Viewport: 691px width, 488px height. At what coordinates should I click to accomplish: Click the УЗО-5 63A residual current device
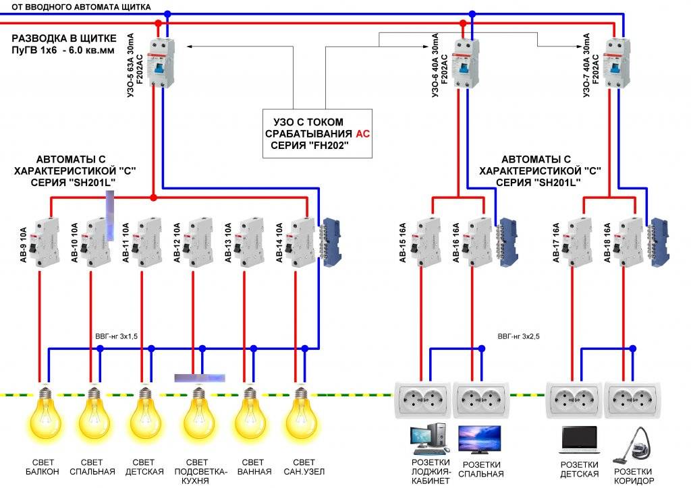click(x=161, y=63)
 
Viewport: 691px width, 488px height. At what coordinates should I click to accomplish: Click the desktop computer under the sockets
click(x=430, y=439)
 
